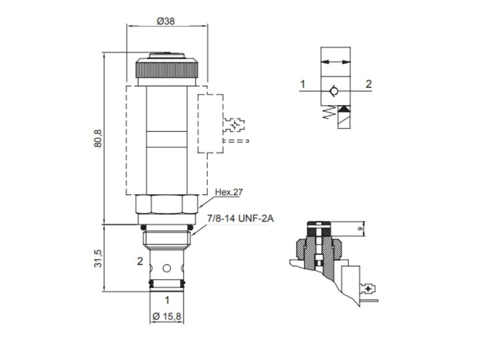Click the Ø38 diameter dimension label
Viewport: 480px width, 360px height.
coord(166,21)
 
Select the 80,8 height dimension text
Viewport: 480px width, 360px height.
coord(98,138)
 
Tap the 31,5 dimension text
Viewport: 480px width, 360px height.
coord(98,258)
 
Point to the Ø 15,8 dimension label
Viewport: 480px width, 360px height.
coord(167,316)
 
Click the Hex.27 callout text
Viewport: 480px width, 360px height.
coord(229,191)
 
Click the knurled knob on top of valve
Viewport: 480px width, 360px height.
coord(166,68)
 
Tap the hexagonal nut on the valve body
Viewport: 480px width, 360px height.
coord(166,204)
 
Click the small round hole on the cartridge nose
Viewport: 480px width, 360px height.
coord(166,269)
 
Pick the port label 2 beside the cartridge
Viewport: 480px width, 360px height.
coord(140,262)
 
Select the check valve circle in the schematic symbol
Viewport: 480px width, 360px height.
coord(333,91)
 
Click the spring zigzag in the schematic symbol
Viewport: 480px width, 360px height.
coord(330,112)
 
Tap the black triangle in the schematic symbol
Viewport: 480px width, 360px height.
coord(344,109)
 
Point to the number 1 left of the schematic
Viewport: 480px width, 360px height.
coord(303,84)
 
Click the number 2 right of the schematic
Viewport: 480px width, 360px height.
coord(368,84)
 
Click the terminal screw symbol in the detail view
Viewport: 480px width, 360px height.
coord(370,288)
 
